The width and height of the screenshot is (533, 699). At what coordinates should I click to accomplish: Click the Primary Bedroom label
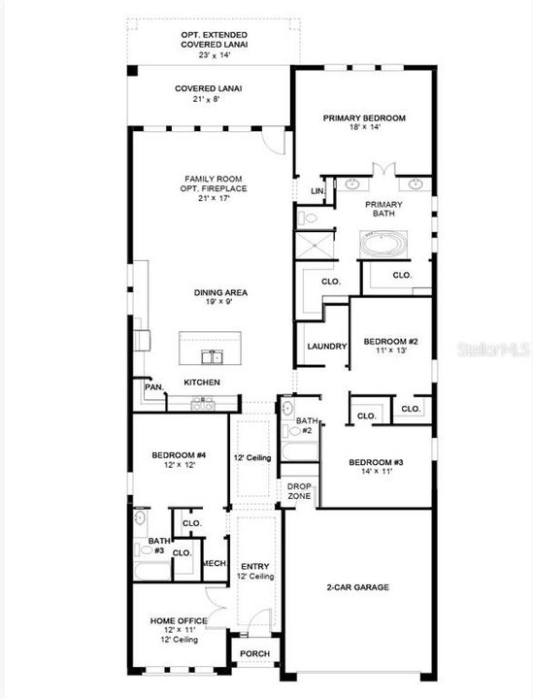[364, 123]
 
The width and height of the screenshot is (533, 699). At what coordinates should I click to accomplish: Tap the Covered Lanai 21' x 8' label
[209, 93]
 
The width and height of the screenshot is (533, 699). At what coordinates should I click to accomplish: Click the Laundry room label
[327, 347]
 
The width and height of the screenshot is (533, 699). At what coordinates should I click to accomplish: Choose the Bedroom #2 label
[390, 347]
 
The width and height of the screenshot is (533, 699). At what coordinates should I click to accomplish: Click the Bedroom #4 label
[179, 460]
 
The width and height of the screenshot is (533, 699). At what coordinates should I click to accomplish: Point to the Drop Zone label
[299, 491]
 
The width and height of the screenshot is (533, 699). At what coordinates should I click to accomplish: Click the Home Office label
[178, 625]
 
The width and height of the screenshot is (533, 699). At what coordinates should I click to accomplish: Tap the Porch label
[255, 653]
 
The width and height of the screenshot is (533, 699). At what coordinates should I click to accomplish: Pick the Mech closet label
[214, 562]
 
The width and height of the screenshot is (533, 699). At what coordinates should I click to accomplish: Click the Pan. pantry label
[153, 386]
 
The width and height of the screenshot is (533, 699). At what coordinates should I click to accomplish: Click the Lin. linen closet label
[316, 191]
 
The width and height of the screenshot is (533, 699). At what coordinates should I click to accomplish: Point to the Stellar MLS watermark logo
[494, 347]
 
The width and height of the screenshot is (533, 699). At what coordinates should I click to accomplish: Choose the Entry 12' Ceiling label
[255, 571]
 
